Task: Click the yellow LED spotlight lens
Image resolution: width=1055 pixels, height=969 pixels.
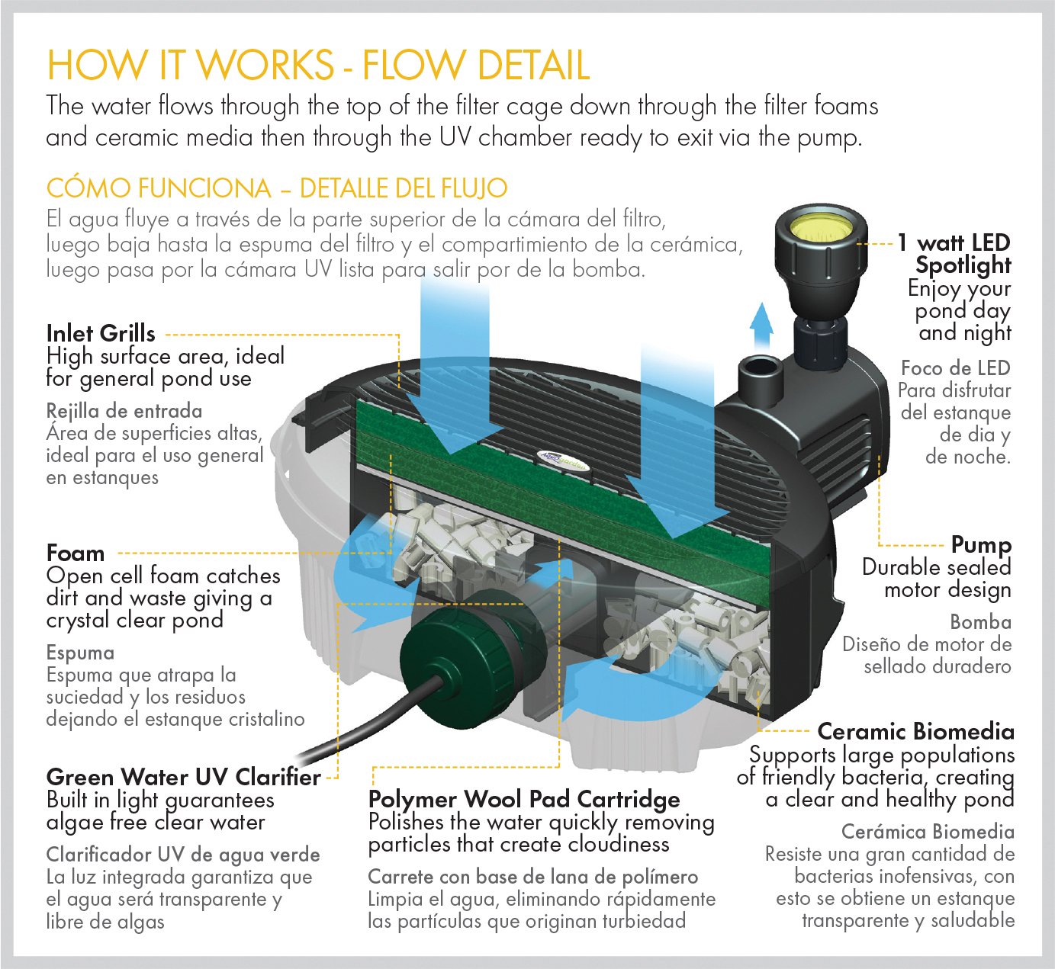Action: [x=822, y=226]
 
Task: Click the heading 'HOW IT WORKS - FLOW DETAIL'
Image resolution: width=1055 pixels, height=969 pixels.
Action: [x=317, y=65]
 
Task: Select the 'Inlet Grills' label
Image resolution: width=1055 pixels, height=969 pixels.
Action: [x=101, y=333]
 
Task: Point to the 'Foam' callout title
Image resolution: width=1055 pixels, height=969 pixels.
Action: [x=75, y=553]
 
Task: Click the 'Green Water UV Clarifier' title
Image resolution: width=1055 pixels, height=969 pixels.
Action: [x=183, y=777]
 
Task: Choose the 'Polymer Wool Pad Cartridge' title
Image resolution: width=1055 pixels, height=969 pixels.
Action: [x=523, y=799]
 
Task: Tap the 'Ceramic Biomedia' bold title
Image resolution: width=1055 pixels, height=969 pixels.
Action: [x=915, y=732]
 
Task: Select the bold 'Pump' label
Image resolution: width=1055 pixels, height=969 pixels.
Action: [x=980, y=545]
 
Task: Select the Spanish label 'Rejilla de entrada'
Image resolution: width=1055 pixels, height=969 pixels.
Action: [x=124, y=411]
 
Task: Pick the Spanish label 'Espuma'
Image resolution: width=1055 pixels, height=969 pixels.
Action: [x=80, y=653]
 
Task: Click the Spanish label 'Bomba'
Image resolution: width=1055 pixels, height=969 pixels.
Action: [x=980, y=622]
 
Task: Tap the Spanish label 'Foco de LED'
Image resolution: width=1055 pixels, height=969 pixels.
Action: [x=955, y=368]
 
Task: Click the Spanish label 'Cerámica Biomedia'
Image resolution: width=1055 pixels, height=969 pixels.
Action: [x=928, y=832]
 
